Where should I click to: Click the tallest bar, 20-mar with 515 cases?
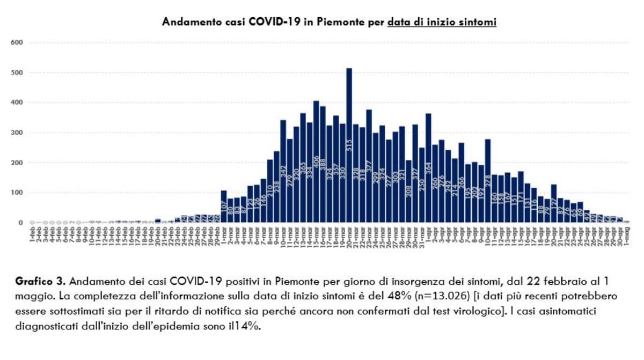coord(349,145)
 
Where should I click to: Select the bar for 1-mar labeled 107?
coord(224,207)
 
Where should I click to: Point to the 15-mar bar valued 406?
coord(316,161)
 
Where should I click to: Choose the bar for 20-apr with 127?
coord(554,203)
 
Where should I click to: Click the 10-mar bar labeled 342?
coord(283,171)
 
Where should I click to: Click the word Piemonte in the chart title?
coord(333,22)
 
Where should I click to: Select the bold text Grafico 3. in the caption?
coord(41,282)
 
